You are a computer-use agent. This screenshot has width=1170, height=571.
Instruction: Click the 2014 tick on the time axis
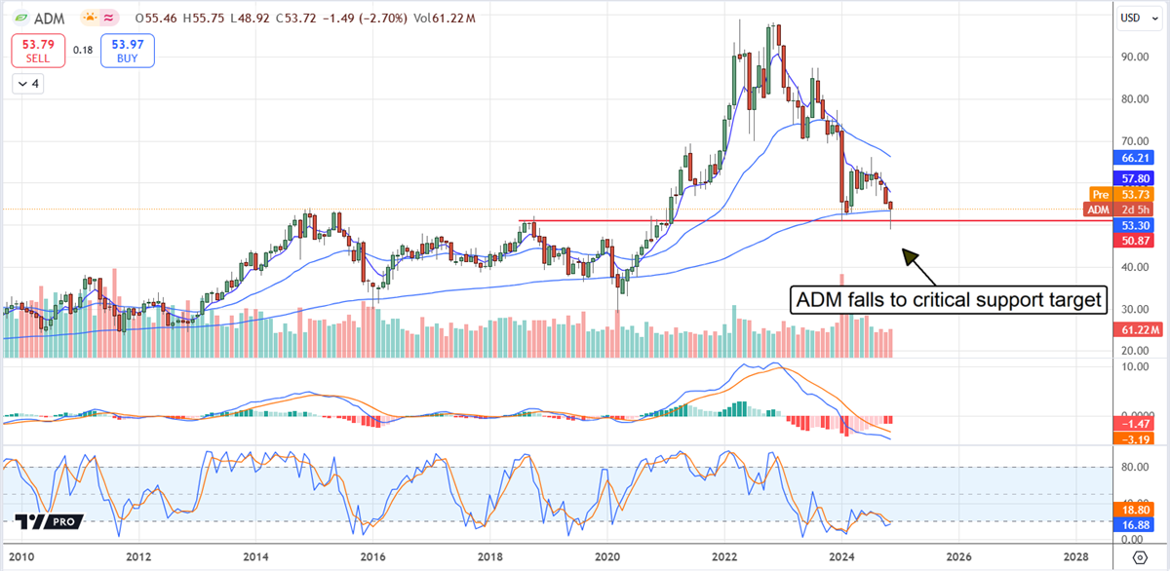256,557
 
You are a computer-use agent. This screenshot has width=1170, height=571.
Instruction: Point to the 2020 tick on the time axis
606,557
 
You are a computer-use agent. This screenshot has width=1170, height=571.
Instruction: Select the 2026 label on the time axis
957,557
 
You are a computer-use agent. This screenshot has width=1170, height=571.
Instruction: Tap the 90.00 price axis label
1133,57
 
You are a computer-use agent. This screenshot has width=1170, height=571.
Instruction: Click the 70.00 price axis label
1133,141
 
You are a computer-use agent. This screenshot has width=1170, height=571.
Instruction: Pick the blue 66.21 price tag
1137,157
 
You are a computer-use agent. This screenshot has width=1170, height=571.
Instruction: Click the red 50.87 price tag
1137,240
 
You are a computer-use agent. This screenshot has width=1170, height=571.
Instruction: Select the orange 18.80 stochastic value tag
1137,510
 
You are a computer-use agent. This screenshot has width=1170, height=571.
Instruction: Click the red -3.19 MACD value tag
1137,438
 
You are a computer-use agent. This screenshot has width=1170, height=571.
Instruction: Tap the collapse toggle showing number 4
29,84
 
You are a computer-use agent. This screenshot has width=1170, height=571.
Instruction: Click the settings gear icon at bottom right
1139,557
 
